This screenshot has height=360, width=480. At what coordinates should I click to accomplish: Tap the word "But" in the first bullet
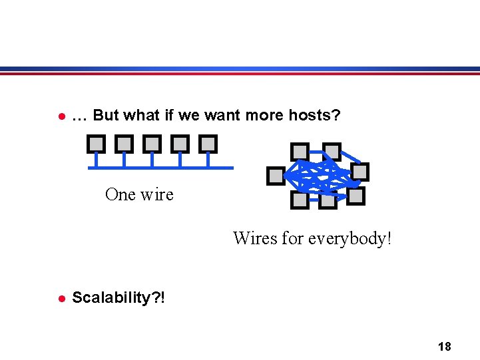point(105,116)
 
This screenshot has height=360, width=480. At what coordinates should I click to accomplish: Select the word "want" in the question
point(223,116)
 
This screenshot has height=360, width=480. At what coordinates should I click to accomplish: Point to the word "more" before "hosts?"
point(266,116)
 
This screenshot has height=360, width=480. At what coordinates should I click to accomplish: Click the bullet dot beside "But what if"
point(61,116)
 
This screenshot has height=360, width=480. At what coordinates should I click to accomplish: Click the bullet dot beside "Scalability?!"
point(61,298)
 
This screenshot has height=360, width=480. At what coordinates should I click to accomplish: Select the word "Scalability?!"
point(119,297)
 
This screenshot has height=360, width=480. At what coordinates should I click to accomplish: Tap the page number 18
point(444,346)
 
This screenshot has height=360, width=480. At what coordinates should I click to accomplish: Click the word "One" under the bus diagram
point(120,194)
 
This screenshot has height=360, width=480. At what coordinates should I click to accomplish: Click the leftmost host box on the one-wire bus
point(96,143)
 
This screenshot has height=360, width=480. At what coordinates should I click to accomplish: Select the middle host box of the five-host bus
point(152,143)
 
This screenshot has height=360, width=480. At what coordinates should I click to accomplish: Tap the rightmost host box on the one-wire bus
point(208,143)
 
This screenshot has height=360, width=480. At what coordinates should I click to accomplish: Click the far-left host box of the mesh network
point(275,176)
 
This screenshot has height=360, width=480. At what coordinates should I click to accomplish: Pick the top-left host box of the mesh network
point(300,152)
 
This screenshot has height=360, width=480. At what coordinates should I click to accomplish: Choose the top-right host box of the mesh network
point(332,152)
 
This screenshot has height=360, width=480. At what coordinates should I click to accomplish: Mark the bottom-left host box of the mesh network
point(300,199)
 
